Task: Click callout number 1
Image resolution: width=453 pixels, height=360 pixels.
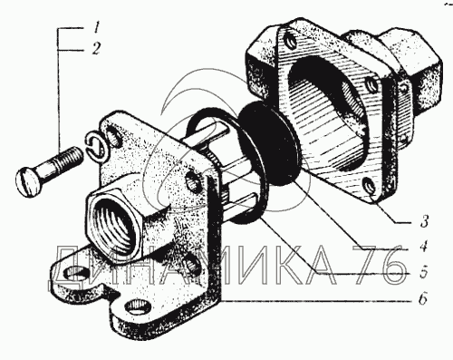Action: (96, 28)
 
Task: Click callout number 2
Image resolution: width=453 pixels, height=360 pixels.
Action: (96, 49)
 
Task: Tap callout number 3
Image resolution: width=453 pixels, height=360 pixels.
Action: (425, 222)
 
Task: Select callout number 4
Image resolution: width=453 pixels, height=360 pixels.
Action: (424, 248)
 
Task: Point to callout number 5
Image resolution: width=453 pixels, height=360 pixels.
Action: (424, 273)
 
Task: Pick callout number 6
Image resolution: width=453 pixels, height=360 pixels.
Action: (423, 299)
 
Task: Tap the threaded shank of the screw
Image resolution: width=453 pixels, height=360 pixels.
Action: (61, 162)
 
